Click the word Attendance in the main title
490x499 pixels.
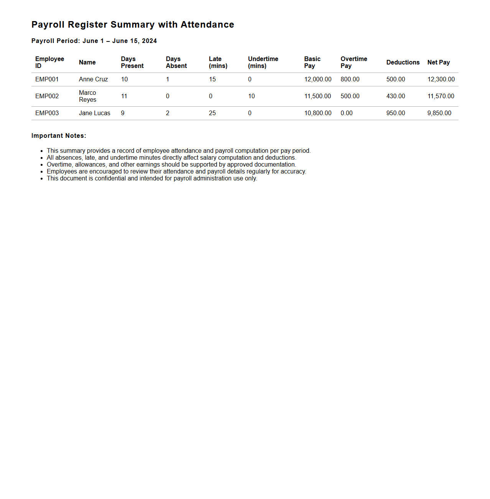[207, 25]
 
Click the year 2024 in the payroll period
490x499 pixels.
[150, 41]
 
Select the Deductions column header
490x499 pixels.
[403, 62]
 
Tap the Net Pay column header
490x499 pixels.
[438, 62]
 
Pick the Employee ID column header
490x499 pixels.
[49, 62]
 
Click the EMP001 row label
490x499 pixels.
[47, 79]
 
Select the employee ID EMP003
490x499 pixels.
[47, 113]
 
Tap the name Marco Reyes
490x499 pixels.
[87, 96]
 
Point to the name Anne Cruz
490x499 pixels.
[93, 79]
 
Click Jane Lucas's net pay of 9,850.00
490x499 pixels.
[439, 113]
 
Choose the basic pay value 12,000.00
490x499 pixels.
[317, 79]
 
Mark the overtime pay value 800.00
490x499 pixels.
[350, 79]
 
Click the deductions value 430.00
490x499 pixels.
[395, 96]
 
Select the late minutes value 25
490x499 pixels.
[212, 113]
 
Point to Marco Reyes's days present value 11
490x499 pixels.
[124, 96]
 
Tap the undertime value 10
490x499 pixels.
[251, 96]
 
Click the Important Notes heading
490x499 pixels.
[59, 136]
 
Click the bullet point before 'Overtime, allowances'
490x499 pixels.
[41, 165]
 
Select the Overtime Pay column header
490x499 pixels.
[354, 62]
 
